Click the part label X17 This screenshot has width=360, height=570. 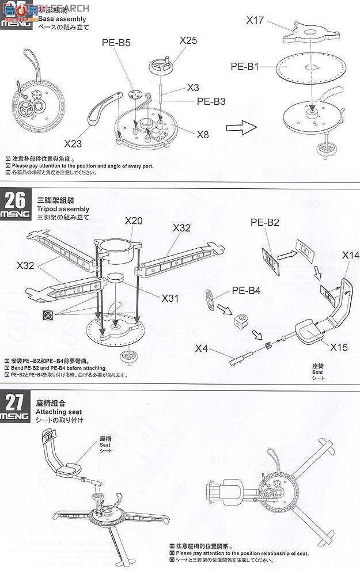(x=254, y=20)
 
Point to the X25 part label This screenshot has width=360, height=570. (x=188, y=41)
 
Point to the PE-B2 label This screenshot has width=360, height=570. (x=264, y=221)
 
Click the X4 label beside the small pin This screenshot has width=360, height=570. (x=202, y=348)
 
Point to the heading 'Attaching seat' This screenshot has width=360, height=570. (x=59, y=412)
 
